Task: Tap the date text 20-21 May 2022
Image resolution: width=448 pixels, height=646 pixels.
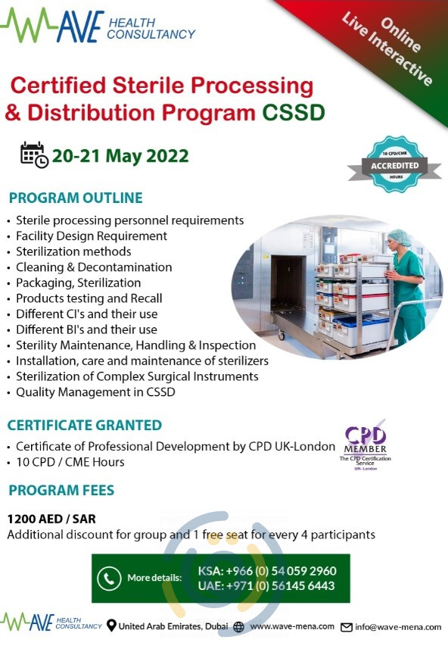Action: pyautogui.click(x=120, y=156)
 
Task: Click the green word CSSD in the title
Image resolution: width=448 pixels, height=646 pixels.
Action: pyautogui.click(x=294, y=114)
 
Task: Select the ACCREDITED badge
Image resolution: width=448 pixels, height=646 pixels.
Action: pyautogui.click(x=394, y=166)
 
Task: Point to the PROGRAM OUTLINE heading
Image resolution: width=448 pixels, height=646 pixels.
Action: pyautogui.click(x=76, y=198)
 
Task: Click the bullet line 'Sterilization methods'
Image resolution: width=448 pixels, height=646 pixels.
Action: pyautogui.click(x=73, y=251)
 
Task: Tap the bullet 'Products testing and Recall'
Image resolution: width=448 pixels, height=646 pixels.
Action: pyautogui.click(x=89, y=298)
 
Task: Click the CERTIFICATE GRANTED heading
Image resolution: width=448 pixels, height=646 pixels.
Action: pyautogui.click(x=84, y=426)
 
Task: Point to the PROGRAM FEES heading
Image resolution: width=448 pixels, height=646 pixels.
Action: pyautogui.click(x=61, y=491)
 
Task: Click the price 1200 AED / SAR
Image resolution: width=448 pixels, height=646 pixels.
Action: pyautogui.click(x=52, y=520)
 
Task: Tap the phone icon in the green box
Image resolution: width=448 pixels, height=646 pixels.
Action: pyautogui.click(x=109, y=578)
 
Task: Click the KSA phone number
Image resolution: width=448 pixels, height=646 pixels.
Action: pyautogui.click(x=266, y=570)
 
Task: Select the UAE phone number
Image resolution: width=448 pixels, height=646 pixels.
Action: pyautogui.click(x=266, y=585)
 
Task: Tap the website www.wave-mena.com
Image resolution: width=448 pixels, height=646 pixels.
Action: pyautogui.click(x=292, y=626)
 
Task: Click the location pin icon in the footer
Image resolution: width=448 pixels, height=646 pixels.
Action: pyautogui.click(x=112, y=626)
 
